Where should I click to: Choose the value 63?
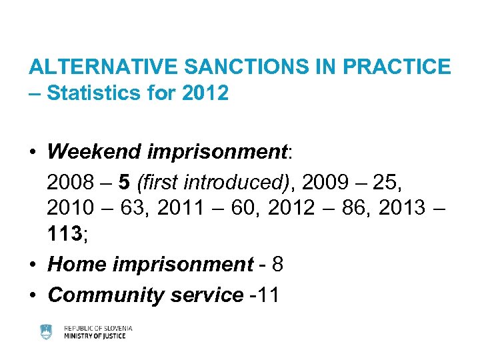pyautogui.click(x=133, y=208)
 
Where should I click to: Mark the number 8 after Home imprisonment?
pyautogui.click(x=278, y=265)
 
